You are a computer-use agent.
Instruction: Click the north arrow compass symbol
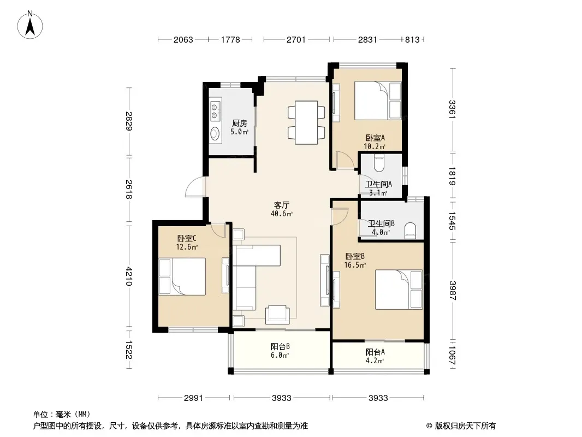(30, 25)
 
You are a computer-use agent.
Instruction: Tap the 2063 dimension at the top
(183, 40)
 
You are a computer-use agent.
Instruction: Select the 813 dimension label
(412, 40)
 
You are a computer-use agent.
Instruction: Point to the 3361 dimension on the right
(452, 110)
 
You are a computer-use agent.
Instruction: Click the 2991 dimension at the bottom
(193, 398)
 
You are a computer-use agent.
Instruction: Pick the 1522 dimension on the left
(128, 350)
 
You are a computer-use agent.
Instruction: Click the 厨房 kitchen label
(240, 123)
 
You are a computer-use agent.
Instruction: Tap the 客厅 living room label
(282, 205)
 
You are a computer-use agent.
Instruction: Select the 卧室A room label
(375, 138)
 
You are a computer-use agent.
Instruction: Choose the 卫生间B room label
(381, 223)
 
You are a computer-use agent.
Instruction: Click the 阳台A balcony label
(375, 352)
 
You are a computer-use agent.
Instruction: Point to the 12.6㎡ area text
(187, 247)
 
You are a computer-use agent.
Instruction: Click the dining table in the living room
(306, 122)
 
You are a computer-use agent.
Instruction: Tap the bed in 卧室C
(182, 276)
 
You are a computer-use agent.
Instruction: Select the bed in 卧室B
(399, 290)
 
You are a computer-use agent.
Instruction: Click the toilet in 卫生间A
(378, 163)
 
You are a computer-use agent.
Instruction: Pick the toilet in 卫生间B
(410, 231)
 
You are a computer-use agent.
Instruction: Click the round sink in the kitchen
(215, 134)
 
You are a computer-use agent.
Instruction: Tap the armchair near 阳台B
(277, 315)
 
